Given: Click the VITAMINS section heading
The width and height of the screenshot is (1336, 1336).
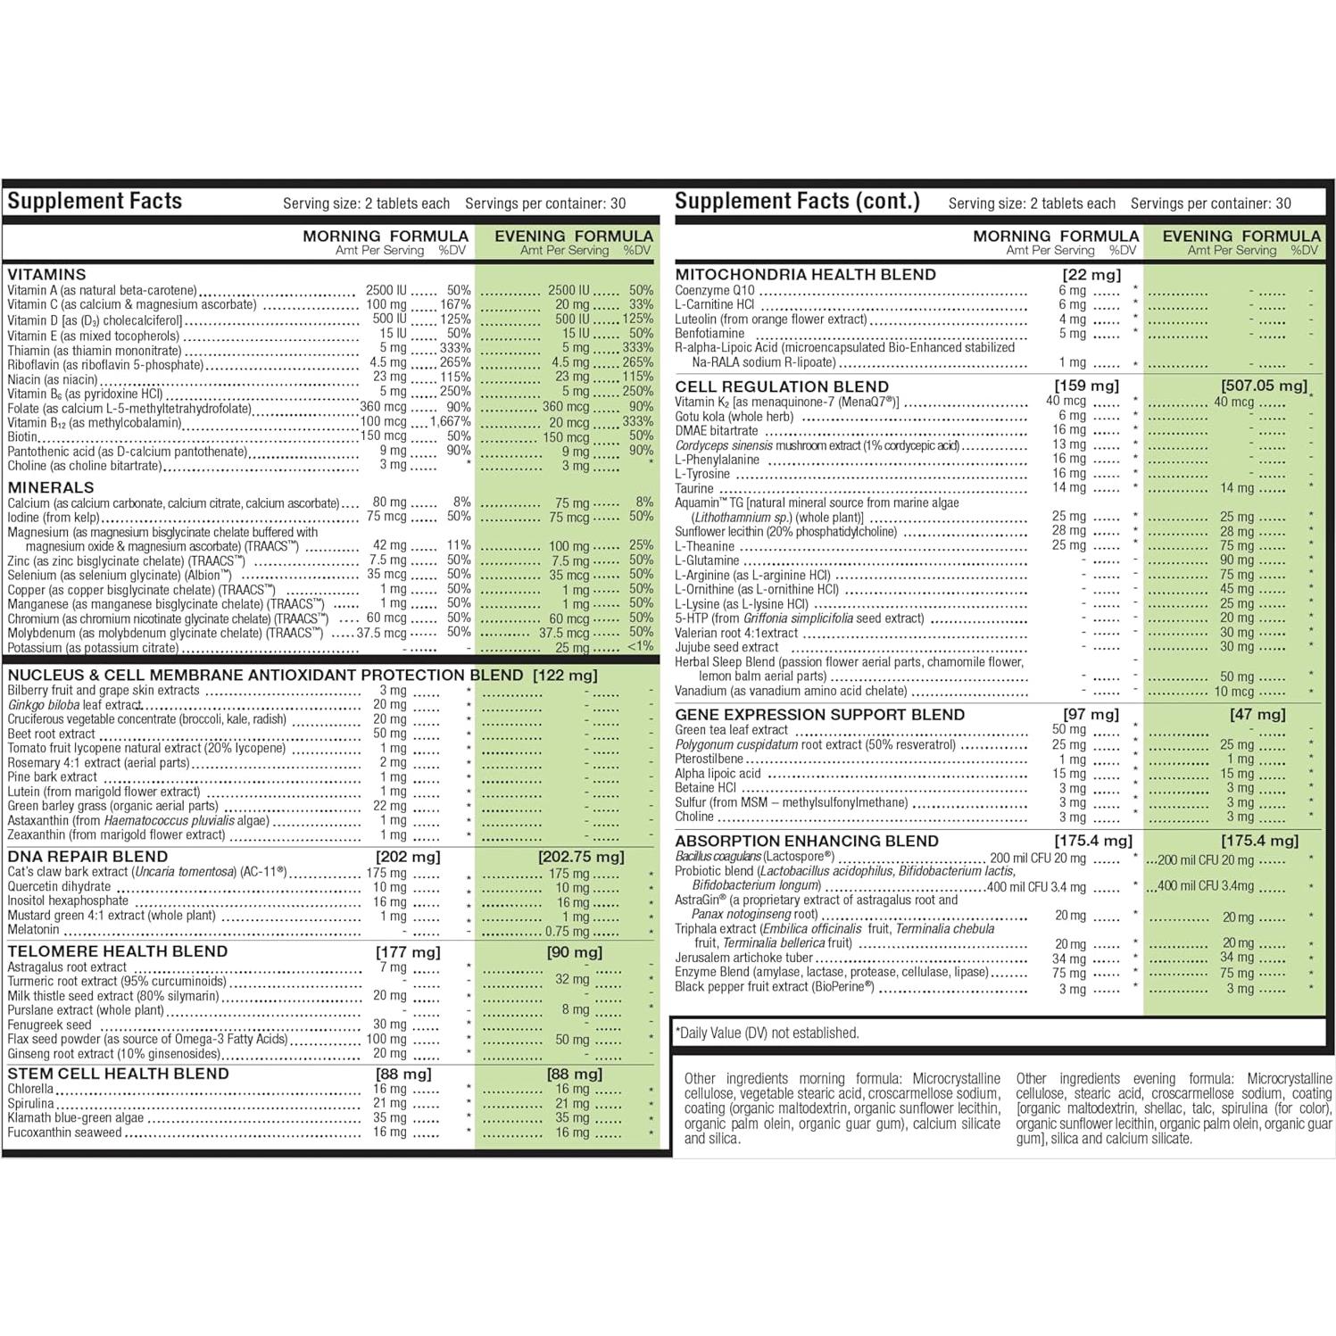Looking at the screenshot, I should pos(46,275).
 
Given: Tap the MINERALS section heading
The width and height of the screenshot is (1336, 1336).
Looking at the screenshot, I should pos(51,487).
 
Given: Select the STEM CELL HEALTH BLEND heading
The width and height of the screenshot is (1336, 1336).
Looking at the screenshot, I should pos(118,1074).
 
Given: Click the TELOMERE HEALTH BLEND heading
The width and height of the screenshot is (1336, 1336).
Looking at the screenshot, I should pos(118,951).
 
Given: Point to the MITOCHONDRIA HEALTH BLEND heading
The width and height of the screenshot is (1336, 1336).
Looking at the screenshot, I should pos(805,275).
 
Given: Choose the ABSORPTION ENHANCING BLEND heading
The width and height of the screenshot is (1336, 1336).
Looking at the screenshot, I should pos(807,841).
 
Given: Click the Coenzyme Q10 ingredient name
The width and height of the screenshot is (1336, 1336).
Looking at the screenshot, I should pos(715,290).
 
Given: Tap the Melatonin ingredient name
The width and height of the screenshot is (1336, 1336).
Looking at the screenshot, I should pos(33,930).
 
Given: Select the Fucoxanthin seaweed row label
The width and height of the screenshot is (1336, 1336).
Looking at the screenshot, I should pos(64,1133).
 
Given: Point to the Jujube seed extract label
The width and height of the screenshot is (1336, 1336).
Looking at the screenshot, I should pos(726,647).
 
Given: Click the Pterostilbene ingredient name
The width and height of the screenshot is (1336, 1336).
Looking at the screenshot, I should pos(709,759).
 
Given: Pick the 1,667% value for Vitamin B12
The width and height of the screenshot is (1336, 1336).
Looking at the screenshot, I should pos(451,422).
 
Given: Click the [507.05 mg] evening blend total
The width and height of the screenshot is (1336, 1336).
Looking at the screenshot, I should pos(1263,386).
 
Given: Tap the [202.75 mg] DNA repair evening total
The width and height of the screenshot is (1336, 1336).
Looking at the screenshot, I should pos(581,857).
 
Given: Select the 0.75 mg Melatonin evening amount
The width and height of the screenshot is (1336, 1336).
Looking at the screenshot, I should pos(568,932).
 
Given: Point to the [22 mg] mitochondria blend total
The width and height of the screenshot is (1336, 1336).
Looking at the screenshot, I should pos(1091,275).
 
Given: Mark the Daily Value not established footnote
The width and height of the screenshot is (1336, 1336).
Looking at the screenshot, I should pos(768,1033).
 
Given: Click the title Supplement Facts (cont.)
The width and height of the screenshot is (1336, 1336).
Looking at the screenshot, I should pos(797,202).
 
